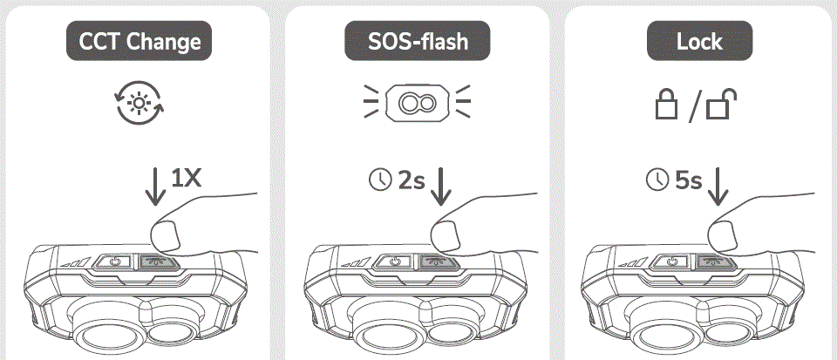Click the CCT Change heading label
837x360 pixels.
(139, 41)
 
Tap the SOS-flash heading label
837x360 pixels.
(418, 41)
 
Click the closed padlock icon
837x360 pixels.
(667, 106)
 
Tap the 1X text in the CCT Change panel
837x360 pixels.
(186, 179)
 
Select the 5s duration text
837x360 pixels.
(689, 180)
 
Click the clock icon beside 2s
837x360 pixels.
(380, 180)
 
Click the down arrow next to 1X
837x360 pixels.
(156, 187)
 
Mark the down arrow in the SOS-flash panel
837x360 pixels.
(441, 187)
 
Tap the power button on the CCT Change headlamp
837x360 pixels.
(118, 261)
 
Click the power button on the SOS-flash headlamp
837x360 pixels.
(398, 261)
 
